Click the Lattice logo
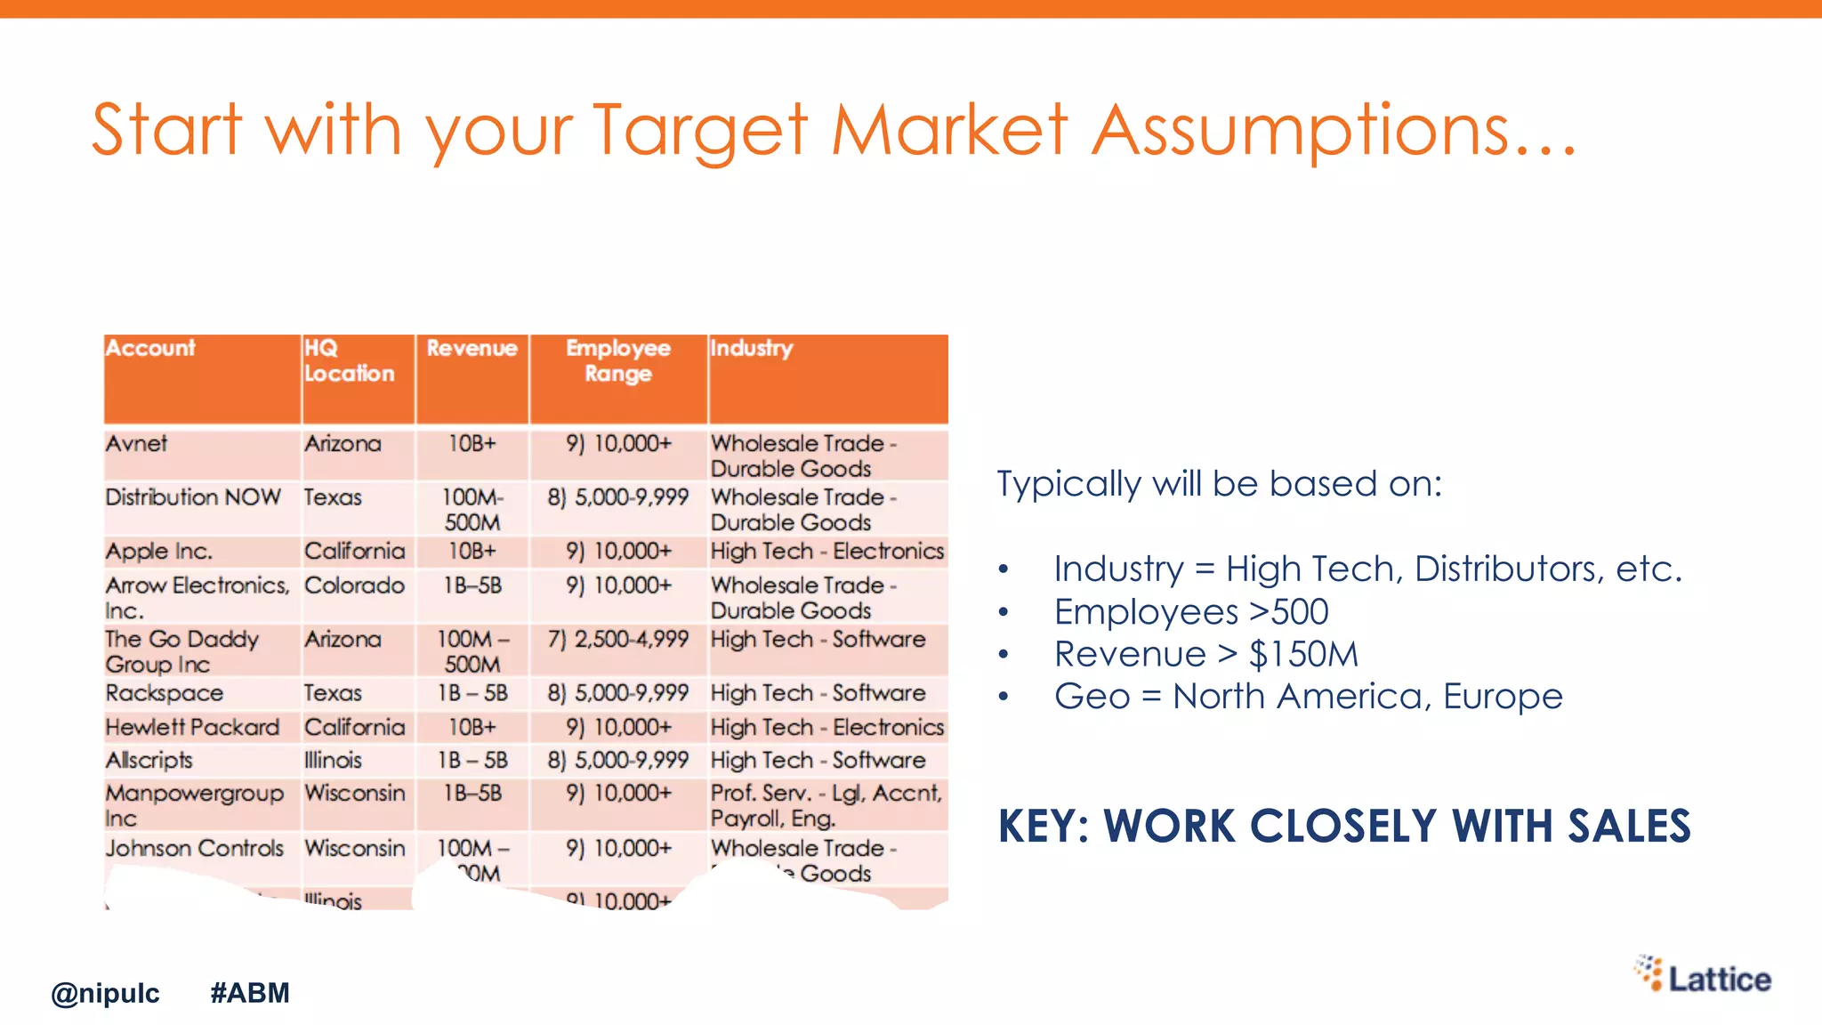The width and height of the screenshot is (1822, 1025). tap(1702, 976)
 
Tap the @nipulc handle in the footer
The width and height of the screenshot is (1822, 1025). tap(105, 993)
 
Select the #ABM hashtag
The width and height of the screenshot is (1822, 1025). tap(250, 993)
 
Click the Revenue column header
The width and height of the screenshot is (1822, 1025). tap(472, 349)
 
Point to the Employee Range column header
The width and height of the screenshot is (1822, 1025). tap(618, 360)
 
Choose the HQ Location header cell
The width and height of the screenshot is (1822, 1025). tap(349, 360)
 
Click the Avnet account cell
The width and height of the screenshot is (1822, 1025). tap(136, 443)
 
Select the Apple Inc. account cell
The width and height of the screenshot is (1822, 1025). tap(159, 552)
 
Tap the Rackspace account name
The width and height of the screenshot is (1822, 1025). tap(165, 693)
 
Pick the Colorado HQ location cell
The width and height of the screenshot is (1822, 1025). tap(354, 585)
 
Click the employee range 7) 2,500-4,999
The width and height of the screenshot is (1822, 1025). tap(618, 639)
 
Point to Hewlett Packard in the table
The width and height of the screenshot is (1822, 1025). tap(192, 727)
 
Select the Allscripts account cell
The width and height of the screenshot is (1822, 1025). tap(149, 761)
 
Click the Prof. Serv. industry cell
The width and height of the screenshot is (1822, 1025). tap(826, 805)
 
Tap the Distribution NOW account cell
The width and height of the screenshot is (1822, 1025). tap(193, 496)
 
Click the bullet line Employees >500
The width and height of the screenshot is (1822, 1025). tap(1191, 612)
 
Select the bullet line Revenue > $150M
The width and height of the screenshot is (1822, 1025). tap(1205, 654)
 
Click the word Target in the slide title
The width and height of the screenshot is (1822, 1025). tap(700, 130)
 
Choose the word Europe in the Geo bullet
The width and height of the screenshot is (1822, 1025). tap(1503, 696)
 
